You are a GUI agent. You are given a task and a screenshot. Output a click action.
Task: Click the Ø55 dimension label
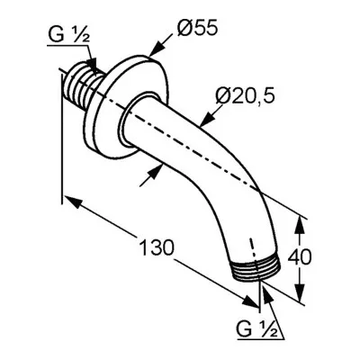tap(197, 29)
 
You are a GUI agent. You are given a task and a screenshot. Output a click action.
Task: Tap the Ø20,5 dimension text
tap(245, 96)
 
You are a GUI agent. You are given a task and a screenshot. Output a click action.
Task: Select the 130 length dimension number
tap(157, 247)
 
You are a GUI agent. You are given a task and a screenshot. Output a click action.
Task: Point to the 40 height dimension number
tap(300, 256)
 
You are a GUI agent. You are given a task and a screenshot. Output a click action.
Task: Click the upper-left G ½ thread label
tap(68, 34)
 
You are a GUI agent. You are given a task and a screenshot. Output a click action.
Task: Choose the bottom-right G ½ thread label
tap(256, 329)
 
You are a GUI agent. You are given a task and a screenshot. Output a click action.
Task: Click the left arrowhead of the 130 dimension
tap(73, 202)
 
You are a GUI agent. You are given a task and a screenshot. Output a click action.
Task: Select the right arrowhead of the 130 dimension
tap(249, 301)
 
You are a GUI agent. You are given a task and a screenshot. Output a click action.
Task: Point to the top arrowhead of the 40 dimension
tap(300, 225)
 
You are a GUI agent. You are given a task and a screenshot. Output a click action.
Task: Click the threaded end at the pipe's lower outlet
tap(256, 269)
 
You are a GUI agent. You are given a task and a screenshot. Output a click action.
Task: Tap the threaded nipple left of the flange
tap(82, 86)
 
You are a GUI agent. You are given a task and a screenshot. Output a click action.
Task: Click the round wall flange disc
tap(124, 105)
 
